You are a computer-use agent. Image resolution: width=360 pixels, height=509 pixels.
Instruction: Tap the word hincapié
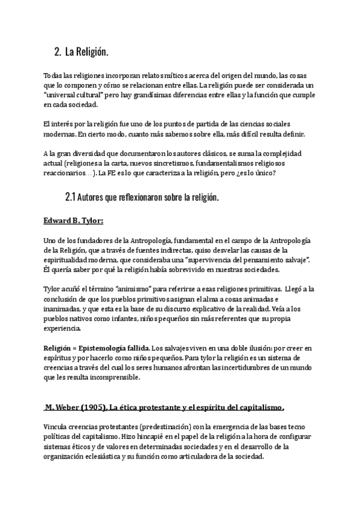[161, 436]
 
